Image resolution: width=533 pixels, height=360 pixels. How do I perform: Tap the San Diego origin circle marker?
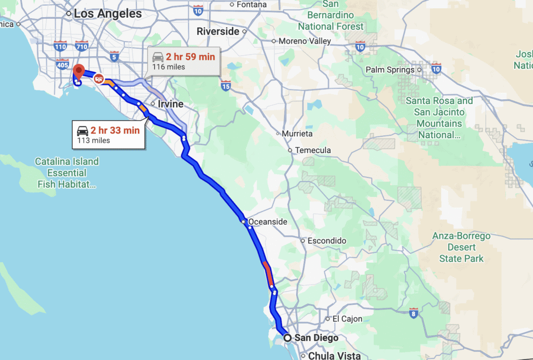[287, 338]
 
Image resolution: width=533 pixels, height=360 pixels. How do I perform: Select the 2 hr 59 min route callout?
[183, 61]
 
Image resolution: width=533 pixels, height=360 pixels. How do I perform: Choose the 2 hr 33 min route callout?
[108, 134]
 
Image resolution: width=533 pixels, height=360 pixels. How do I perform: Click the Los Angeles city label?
[107, 14]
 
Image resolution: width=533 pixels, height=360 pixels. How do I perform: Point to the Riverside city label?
[218, 31]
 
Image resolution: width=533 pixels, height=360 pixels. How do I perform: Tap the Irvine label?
[170, 104]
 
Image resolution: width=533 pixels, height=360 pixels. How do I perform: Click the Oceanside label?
[267, 222]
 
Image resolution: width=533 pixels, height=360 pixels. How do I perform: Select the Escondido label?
[327, 241]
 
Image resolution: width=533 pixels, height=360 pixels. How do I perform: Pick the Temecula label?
[312, 150]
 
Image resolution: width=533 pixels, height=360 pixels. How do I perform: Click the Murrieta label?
[297, 134]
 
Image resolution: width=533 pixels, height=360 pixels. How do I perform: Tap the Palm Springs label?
[389, 70]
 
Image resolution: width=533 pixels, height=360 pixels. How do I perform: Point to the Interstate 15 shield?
[225, 85]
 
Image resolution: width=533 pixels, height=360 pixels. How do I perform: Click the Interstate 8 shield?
[413, 313]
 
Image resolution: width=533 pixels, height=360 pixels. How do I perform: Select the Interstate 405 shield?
[62, 65]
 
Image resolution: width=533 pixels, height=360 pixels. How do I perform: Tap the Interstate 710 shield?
[81, 47]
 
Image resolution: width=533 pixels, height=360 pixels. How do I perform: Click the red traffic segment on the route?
[268, 274]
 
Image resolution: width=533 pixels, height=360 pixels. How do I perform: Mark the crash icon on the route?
[98, 79]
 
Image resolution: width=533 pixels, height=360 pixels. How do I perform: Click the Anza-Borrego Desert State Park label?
[461, 247]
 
